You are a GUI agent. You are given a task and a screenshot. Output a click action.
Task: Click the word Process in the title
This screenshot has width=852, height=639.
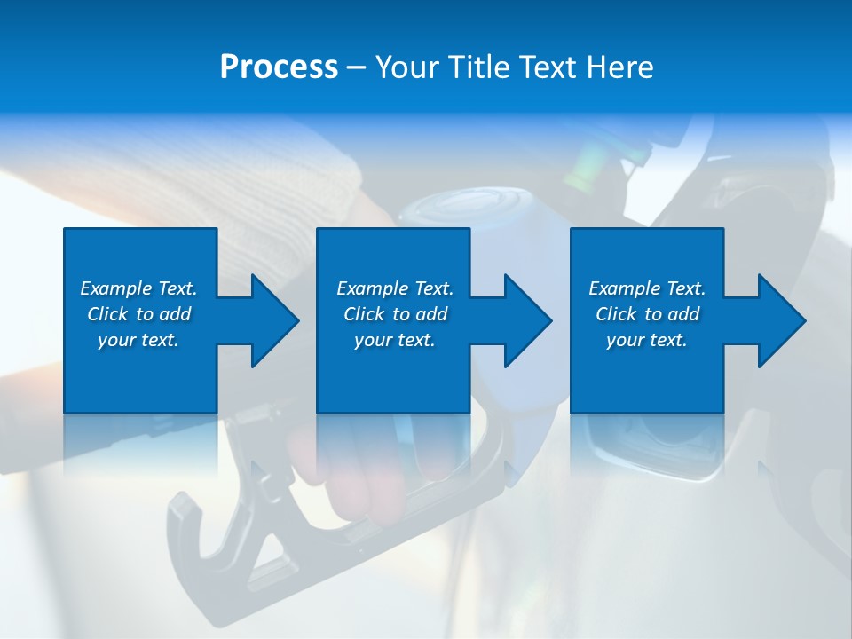tap(279, 67)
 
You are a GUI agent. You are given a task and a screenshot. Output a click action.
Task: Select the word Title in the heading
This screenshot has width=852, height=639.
tap(479, 67)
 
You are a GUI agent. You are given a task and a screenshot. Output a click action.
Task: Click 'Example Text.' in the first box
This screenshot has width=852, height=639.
tap(138, 288)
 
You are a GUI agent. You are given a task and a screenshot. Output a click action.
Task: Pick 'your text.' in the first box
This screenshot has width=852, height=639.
tap(138, 340)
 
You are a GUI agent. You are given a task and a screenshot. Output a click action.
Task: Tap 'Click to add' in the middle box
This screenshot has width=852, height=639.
tap(395, 314)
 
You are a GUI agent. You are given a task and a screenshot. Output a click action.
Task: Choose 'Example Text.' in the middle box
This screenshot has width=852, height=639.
tap(395, 288)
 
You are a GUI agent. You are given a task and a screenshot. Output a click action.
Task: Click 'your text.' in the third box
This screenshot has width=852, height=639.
tap(646, 340)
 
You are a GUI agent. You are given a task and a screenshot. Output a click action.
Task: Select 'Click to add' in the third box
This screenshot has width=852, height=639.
tap(647, 314)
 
